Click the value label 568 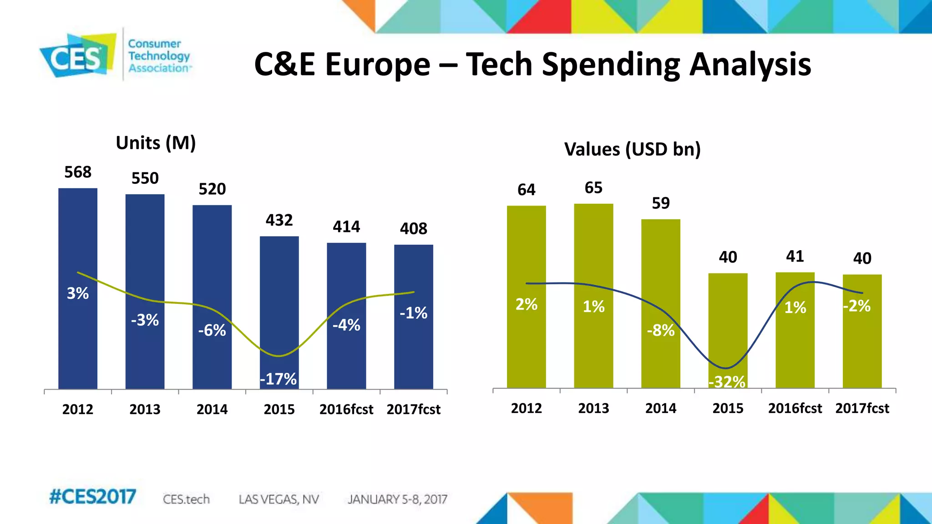point(78,172)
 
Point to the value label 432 point(279,220)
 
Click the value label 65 point(593,188)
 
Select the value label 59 point(661,203)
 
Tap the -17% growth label point(278,379)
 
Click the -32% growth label point(727,382)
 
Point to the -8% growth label point(661,330)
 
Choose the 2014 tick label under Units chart point(212,409)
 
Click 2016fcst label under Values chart point(795,408)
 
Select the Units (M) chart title point(156,143)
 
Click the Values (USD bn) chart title point(632,149)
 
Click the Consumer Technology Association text point(159,55)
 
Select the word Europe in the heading point(377,65)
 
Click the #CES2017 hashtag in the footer point(92,497)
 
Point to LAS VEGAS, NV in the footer point(279,499)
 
